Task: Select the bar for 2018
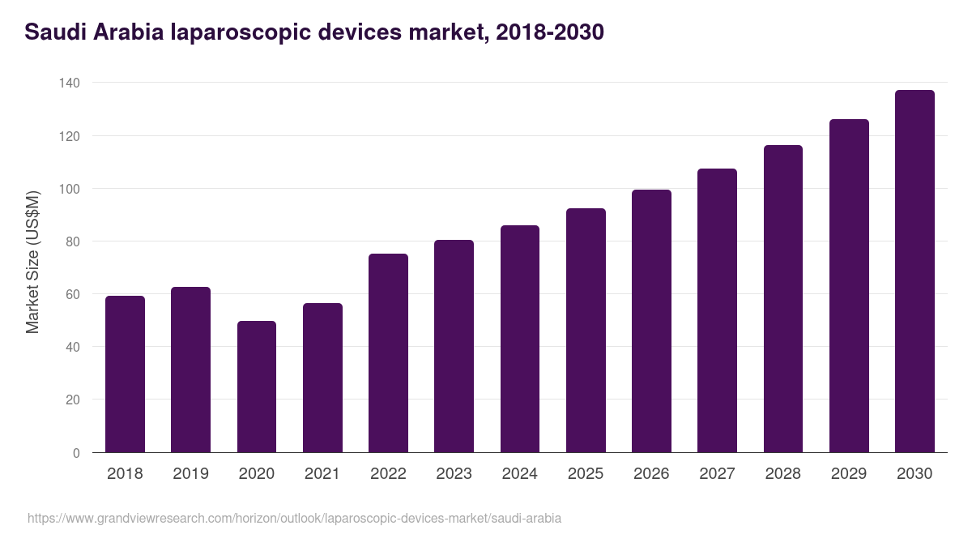[x=125, y=374]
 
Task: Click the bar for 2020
[x=257, y=387]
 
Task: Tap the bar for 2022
[x=388, y=353]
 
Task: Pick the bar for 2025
[x=586, y=331]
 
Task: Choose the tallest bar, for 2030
[x=914, y=271]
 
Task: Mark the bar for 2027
[x=717, y=310]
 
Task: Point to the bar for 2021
[x=322, y=378]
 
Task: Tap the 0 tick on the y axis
[x=76, y=453]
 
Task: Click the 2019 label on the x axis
[x=190, y=474]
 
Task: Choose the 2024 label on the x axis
[x=519, y=474]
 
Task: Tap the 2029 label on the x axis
[x=849, y=474]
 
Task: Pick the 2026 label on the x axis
[x=651, y=474]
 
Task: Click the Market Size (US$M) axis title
[x=32, y=263]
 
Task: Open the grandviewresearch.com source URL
[x=294, y=518]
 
